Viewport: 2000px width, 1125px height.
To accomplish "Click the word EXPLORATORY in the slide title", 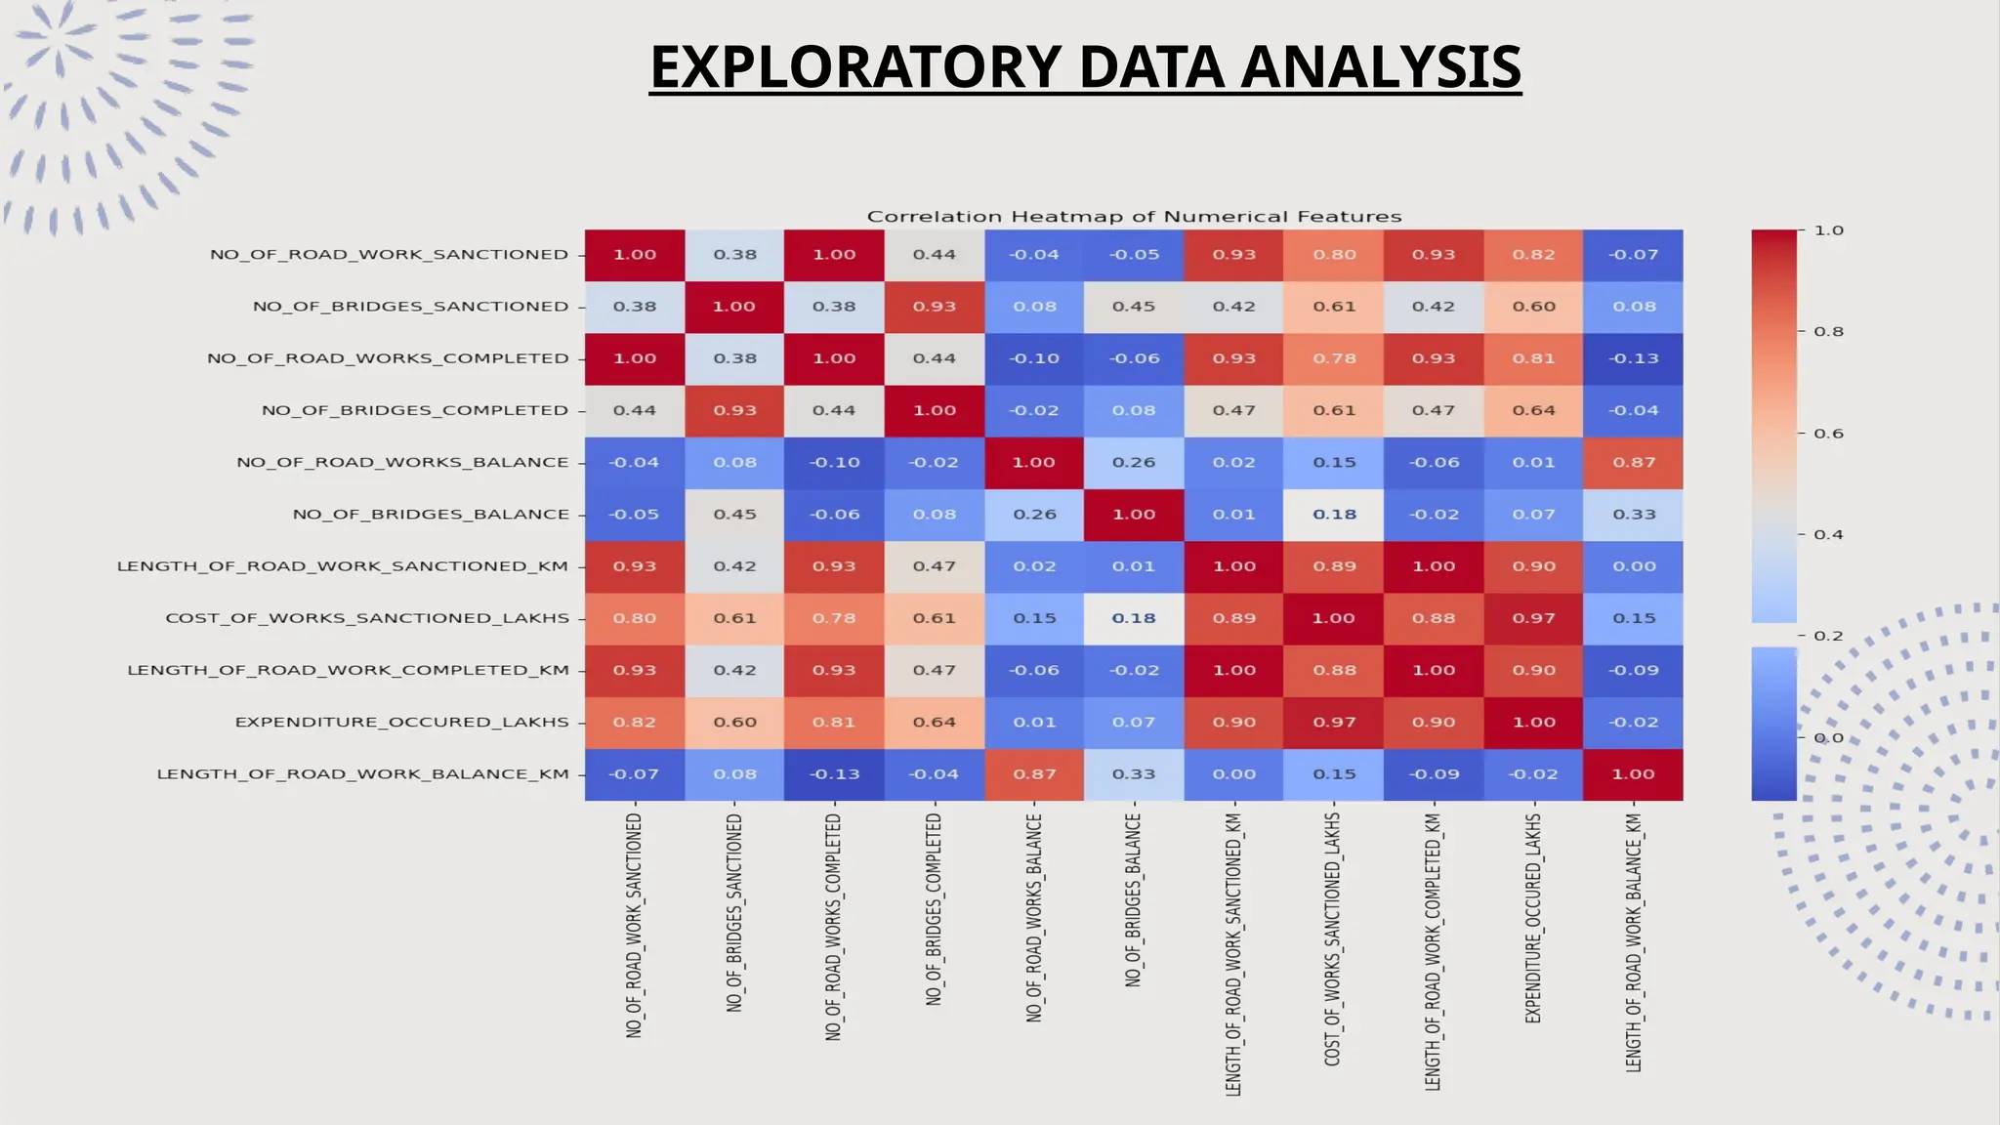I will point(855,67).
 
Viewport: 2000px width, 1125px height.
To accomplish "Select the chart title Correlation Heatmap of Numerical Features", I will point(1134,217).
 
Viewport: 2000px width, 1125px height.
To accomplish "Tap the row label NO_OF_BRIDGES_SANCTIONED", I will point(410,307).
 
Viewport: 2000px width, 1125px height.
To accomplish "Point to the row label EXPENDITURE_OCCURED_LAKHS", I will point(401,723).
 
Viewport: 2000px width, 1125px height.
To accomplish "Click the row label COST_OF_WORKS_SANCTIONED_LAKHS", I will point(367,618).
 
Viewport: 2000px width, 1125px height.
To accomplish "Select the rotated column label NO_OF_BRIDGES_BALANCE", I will point(1133,899).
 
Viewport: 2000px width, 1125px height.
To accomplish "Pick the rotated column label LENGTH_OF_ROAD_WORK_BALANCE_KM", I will point(1634,942).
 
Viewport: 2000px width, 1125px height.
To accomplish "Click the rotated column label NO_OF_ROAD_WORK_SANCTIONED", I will point(635,924).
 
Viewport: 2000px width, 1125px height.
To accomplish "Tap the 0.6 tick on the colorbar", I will point(1828,434).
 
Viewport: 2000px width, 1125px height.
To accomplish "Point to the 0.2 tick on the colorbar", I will point(1828,636).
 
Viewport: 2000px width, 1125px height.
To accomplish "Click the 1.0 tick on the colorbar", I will point(1828,231).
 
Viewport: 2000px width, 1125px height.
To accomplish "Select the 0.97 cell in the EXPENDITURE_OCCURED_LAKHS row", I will point(1334,723).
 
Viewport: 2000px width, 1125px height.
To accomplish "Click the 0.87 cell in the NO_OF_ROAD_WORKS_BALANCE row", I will point(1634,463).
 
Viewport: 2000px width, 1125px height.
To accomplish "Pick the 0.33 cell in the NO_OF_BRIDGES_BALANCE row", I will point(1634,515).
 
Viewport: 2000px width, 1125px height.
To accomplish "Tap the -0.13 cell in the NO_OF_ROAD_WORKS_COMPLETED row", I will point(1634,358).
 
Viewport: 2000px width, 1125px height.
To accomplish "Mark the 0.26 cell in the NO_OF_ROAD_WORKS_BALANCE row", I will point(1134,463).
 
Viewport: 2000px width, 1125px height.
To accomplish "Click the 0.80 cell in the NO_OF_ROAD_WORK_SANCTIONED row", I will point(1334,255).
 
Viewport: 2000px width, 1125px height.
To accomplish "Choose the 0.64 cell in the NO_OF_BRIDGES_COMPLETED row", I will point(1533,410).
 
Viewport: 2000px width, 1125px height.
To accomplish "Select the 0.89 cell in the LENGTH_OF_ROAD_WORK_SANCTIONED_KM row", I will point(1334,566).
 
